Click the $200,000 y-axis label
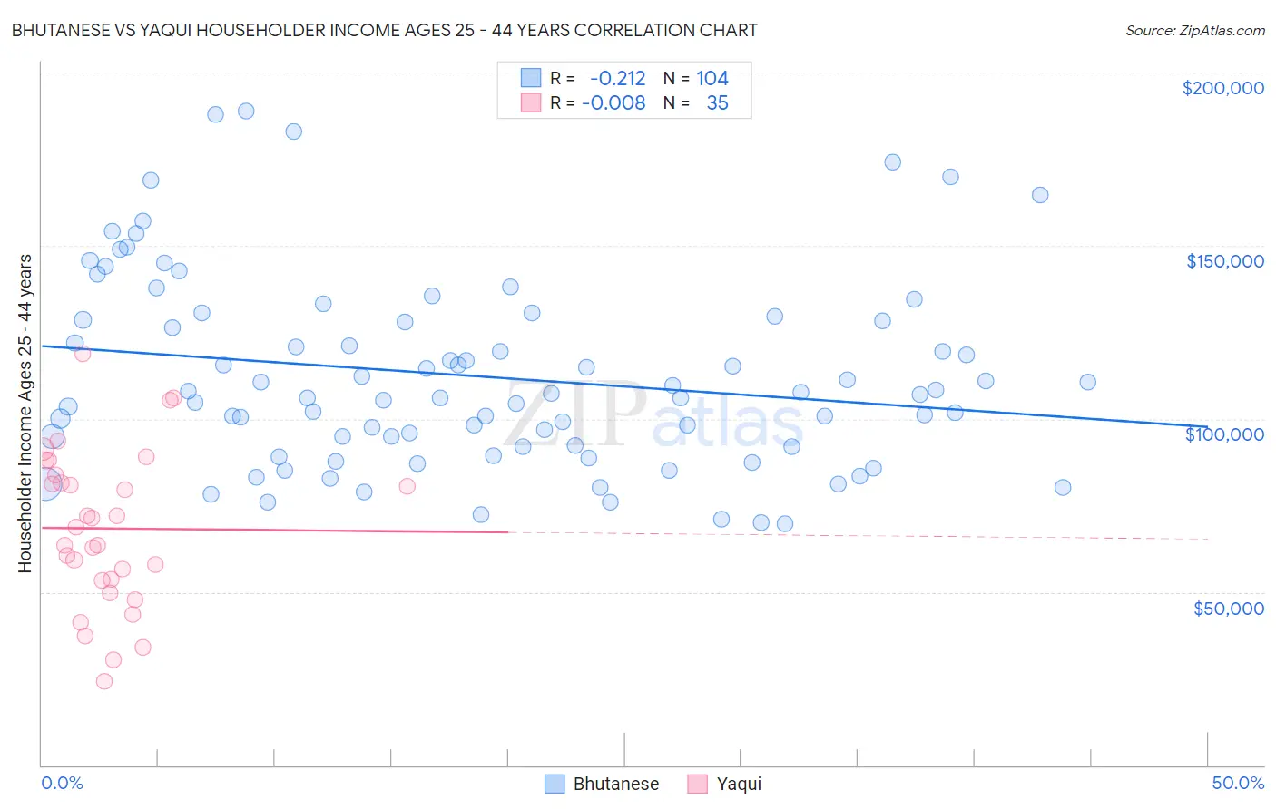tap(1222, 88)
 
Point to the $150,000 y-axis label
tap(1224, 261)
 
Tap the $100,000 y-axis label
tap(1224, 434)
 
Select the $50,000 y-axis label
tap(1228, 608)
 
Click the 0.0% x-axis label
tap(62, 783)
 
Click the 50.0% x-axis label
tap(1238, 783)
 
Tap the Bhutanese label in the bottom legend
tap(615, 784)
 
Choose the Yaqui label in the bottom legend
tap(739, 784)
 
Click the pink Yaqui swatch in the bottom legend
tap(697, 784)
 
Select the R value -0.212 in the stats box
tap(617, 79)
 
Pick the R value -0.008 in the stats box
tap(613, 103)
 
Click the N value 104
tap(712, 79)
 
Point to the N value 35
tap(717, 103)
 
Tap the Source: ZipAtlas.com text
tap(1194, 31)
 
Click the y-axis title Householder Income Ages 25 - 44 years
tap(25, 414)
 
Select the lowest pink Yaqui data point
tap(104, 681)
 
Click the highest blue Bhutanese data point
tap(246, 111)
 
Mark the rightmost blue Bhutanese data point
tap(1087, 382)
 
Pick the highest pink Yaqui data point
tap(83, 354)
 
